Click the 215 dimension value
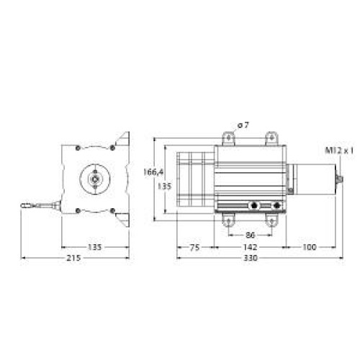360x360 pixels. tap(74, 258)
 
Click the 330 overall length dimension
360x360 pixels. tap(251, 258)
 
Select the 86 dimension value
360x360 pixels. tap(250, 235)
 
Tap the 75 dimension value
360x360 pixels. tap(194, 248)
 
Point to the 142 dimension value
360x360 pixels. tap(250, 247)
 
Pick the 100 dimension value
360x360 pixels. tap(310, 247)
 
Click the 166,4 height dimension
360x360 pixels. tap(153, 172)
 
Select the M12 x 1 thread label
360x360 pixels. tap(339, 150)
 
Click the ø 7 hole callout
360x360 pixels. tap(243, 125)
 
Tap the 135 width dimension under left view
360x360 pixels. tap(94, 247)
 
